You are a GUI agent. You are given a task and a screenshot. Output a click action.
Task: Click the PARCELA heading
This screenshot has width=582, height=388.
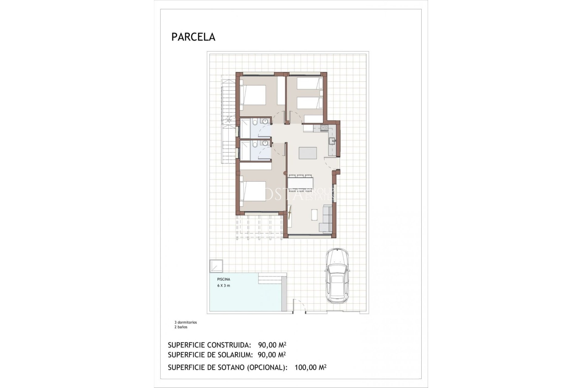coord(193,37)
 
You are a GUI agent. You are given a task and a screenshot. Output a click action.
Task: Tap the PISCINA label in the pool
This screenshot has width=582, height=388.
coord(223,279)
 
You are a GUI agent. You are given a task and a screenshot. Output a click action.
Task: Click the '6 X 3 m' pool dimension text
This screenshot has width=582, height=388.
coord(223,286)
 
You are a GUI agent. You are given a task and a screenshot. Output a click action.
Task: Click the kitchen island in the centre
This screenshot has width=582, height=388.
coord(308,153)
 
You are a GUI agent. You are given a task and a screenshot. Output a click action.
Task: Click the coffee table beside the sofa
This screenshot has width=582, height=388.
coord(314,214)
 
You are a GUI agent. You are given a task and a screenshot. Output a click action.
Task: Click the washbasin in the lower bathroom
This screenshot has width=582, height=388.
coord(266,143)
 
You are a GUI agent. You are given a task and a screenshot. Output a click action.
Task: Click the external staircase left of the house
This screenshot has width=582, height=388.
coord(228,121)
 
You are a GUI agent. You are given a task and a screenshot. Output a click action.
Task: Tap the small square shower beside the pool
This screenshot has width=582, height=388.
coord(216,266)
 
